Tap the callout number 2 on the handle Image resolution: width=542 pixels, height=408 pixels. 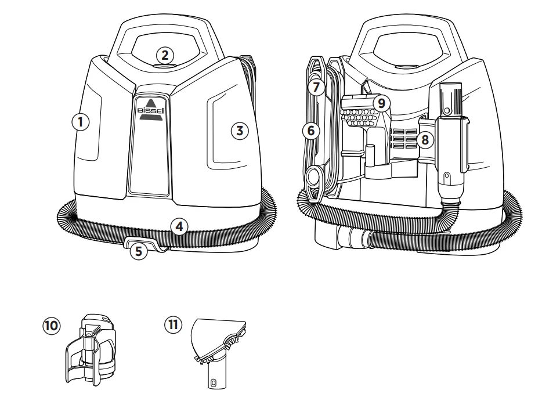pyautogui.click(x=165, y=55)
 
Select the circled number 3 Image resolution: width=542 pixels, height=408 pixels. pyautogui.click(x=239, y=130)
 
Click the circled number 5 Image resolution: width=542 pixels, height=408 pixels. pyautogui.click(x=138, y=251)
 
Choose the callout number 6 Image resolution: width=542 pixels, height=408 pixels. pyautogui.click(x=311, y=131)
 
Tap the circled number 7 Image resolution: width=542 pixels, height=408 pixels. pyautogui.click(x=315, y=88)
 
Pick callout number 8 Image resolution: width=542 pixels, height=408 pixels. pyautogui.click(x=426, y=139)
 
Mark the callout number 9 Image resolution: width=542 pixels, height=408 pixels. pyautogui.click(x=381, y=103)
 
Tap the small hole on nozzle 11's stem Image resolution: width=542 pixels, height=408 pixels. pyautogui.click(x=214, y=383)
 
